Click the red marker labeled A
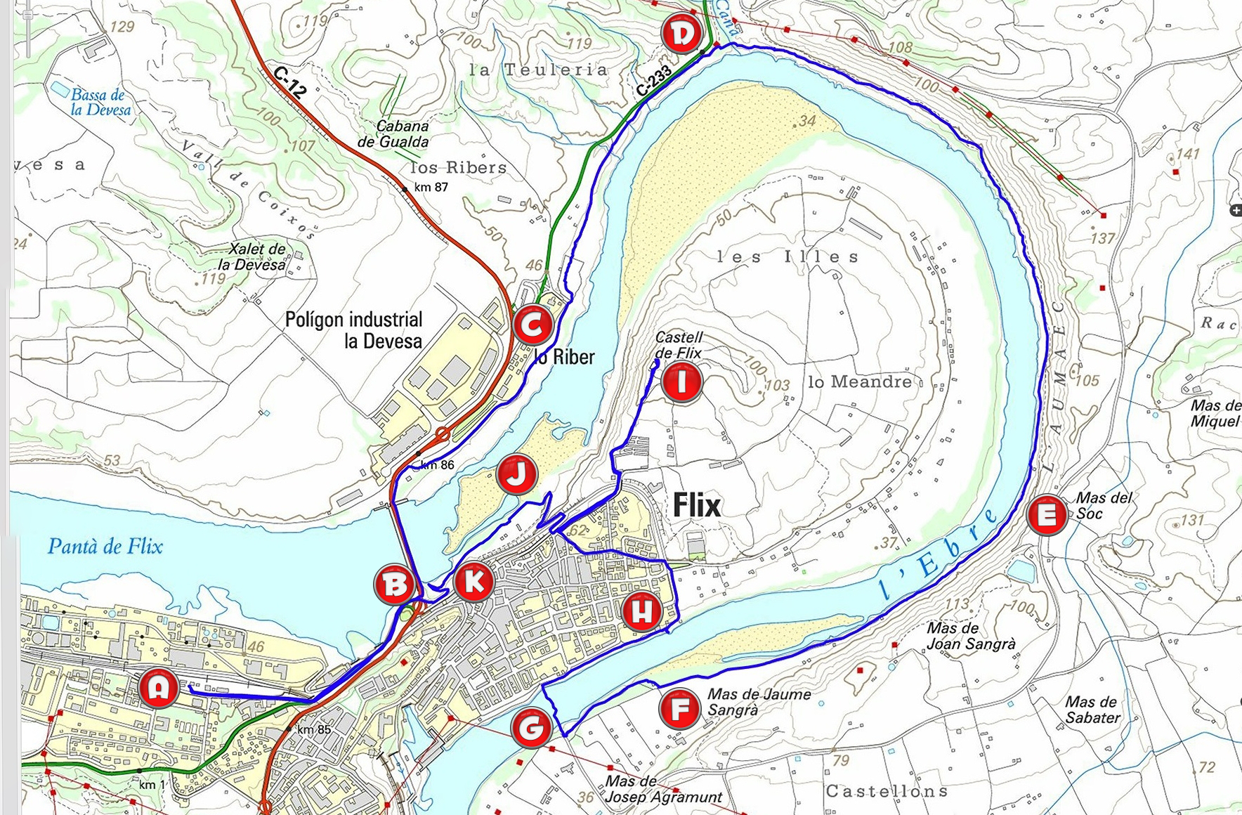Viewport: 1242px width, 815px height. [159, 687]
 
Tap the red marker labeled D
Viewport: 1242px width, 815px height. [681, 34]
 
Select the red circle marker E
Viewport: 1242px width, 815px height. [1047, 515]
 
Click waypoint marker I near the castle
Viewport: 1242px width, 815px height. [681, 382]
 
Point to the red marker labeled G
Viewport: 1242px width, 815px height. [530, 729]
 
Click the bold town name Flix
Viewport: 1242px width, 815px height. [696, 505]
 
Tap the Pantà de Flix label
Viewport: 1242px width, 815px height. [105, 547]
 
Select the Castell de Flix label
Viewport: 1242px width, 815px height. [678, 345]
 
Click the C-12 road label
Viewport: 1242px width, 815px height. [289, 82]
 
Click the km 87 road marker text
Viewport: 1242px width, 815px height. [431, 187]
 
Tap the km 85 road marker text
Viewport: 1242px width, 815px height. [313, 729]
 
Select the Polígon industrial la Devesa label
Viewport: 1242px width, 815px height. [354, 330]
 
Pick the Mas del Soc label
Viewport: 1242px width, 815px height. [1104, 505]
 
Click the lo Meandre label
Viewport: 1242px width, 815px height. [860, 382]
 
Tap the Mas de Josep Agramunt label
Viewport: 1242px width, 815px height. [663, 789]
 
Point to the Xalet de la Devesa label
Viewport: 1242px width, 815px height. [253, 256]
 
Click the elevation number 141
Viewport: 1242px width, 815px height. [1187, 154]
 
